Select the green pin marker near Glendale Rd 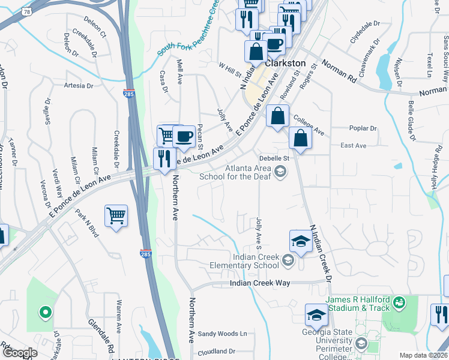(x=44, y=312)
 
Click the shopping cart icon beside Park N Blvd (x=116, y=215)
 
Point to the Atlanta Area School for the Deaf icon (x=280, y=173)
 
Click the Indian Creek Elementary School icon (x=288, y=260)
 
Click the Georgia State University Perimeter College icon (x=361, y=344)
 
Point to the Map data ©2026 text (x=423, y=355)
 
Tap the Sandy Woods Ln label (x=222, y=334)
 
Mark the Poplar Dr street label (x=363, y=128)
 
